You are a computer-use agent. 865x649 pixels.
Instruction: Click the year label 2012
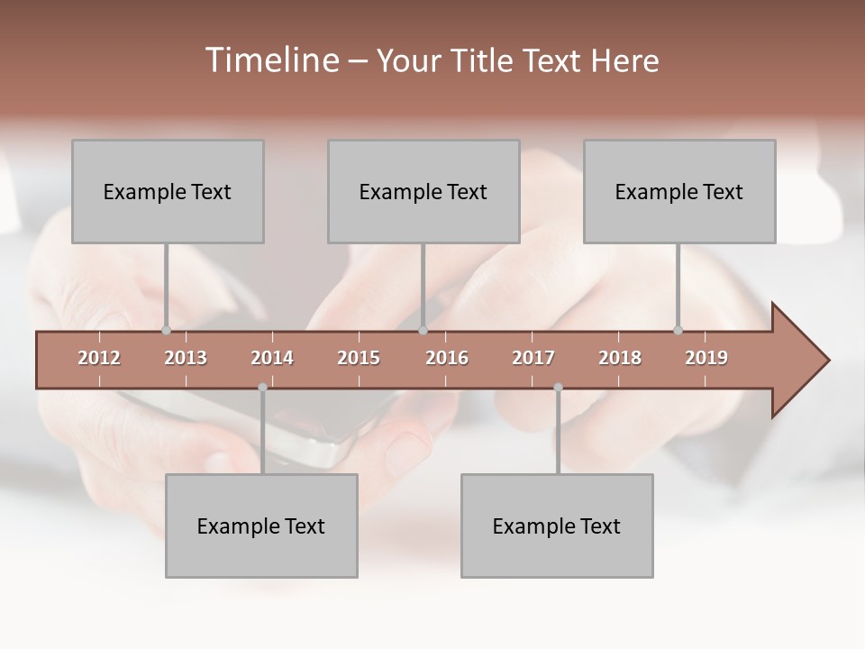[x=99, y=358]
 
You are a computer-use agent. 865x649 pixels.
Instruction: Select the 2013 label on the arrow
[x=186, y=358]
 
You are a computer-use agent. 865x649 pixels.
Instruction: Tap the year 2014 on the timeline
[x=272, y=358]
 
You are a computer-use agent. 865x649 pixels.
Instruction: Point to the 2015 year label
[x=359, y=358]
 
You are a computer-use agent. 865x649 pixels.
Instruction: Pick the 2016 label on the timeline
[x=447, y=358]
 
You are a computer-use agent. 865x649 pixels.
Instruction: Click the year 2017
[x=533, y=358]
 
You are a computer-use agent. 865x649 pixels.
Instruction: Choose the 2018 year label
[x=620, y=358]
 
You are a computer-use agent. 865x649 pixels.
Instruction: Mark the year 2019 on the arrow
[x=706, y=358]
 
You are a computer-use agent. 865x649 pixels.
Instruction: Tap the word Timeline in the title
[x=270, y=60]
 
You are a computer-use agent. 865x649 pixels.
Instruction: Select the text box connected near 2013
[x=168, y=191]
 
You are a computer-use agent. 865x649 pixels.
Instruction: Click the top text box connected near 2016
[x=423, y=191]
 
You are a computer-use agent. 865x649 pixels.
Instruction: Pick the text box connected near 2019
[x=679, y=191]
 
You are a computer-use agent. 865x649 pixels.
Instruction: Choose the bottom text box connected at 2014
[x=261, y=526]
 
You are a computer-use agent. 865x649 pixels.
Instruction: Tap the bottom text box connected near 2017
[x=557, y=526]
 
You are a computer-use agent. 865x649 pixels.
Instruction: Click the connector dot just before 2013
[x=166, y=330]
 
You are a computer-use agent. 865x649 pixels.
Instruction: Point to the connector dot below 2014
[x=262, y=388]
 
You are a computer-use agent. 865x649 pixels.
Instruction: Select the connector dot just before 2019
[x=678, y=330]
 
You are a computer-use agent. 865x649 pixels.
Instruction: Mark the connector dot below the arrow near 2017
[x=558, y=388]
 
